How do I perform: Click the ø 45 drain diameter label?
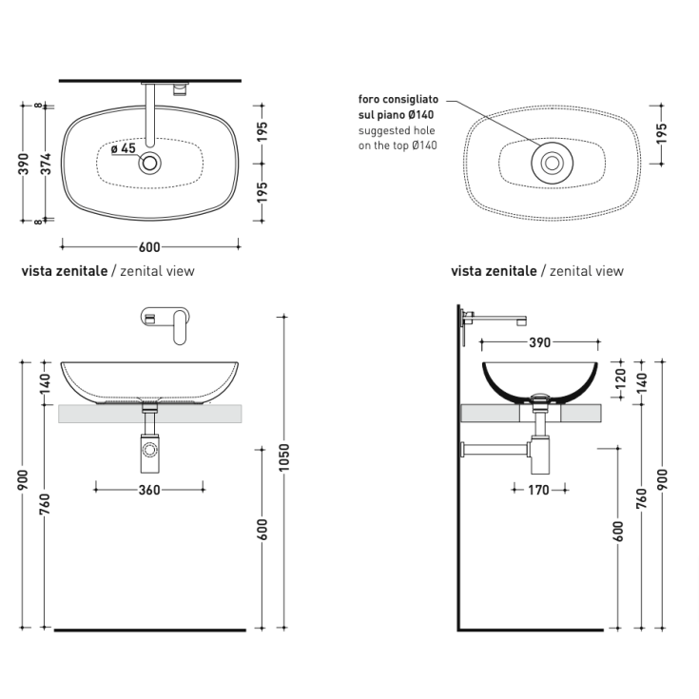[124, 148]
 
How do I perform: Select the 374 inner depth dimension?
[44, 164]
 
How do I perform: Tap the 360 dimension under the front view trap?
[149, 490]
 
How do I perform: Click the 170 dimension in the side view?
[538, 490]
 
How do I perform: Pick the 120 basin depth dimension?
[621, 381]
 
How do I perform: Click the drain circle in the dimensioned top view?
[149, 164]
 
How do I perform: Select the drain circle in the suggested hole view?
[550, 164]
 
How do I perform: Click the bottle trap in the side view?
[538, 450]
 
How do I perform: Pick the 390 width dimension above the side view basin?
[539, 343]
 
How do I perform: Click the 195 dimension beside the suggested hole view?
[661, 132]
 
